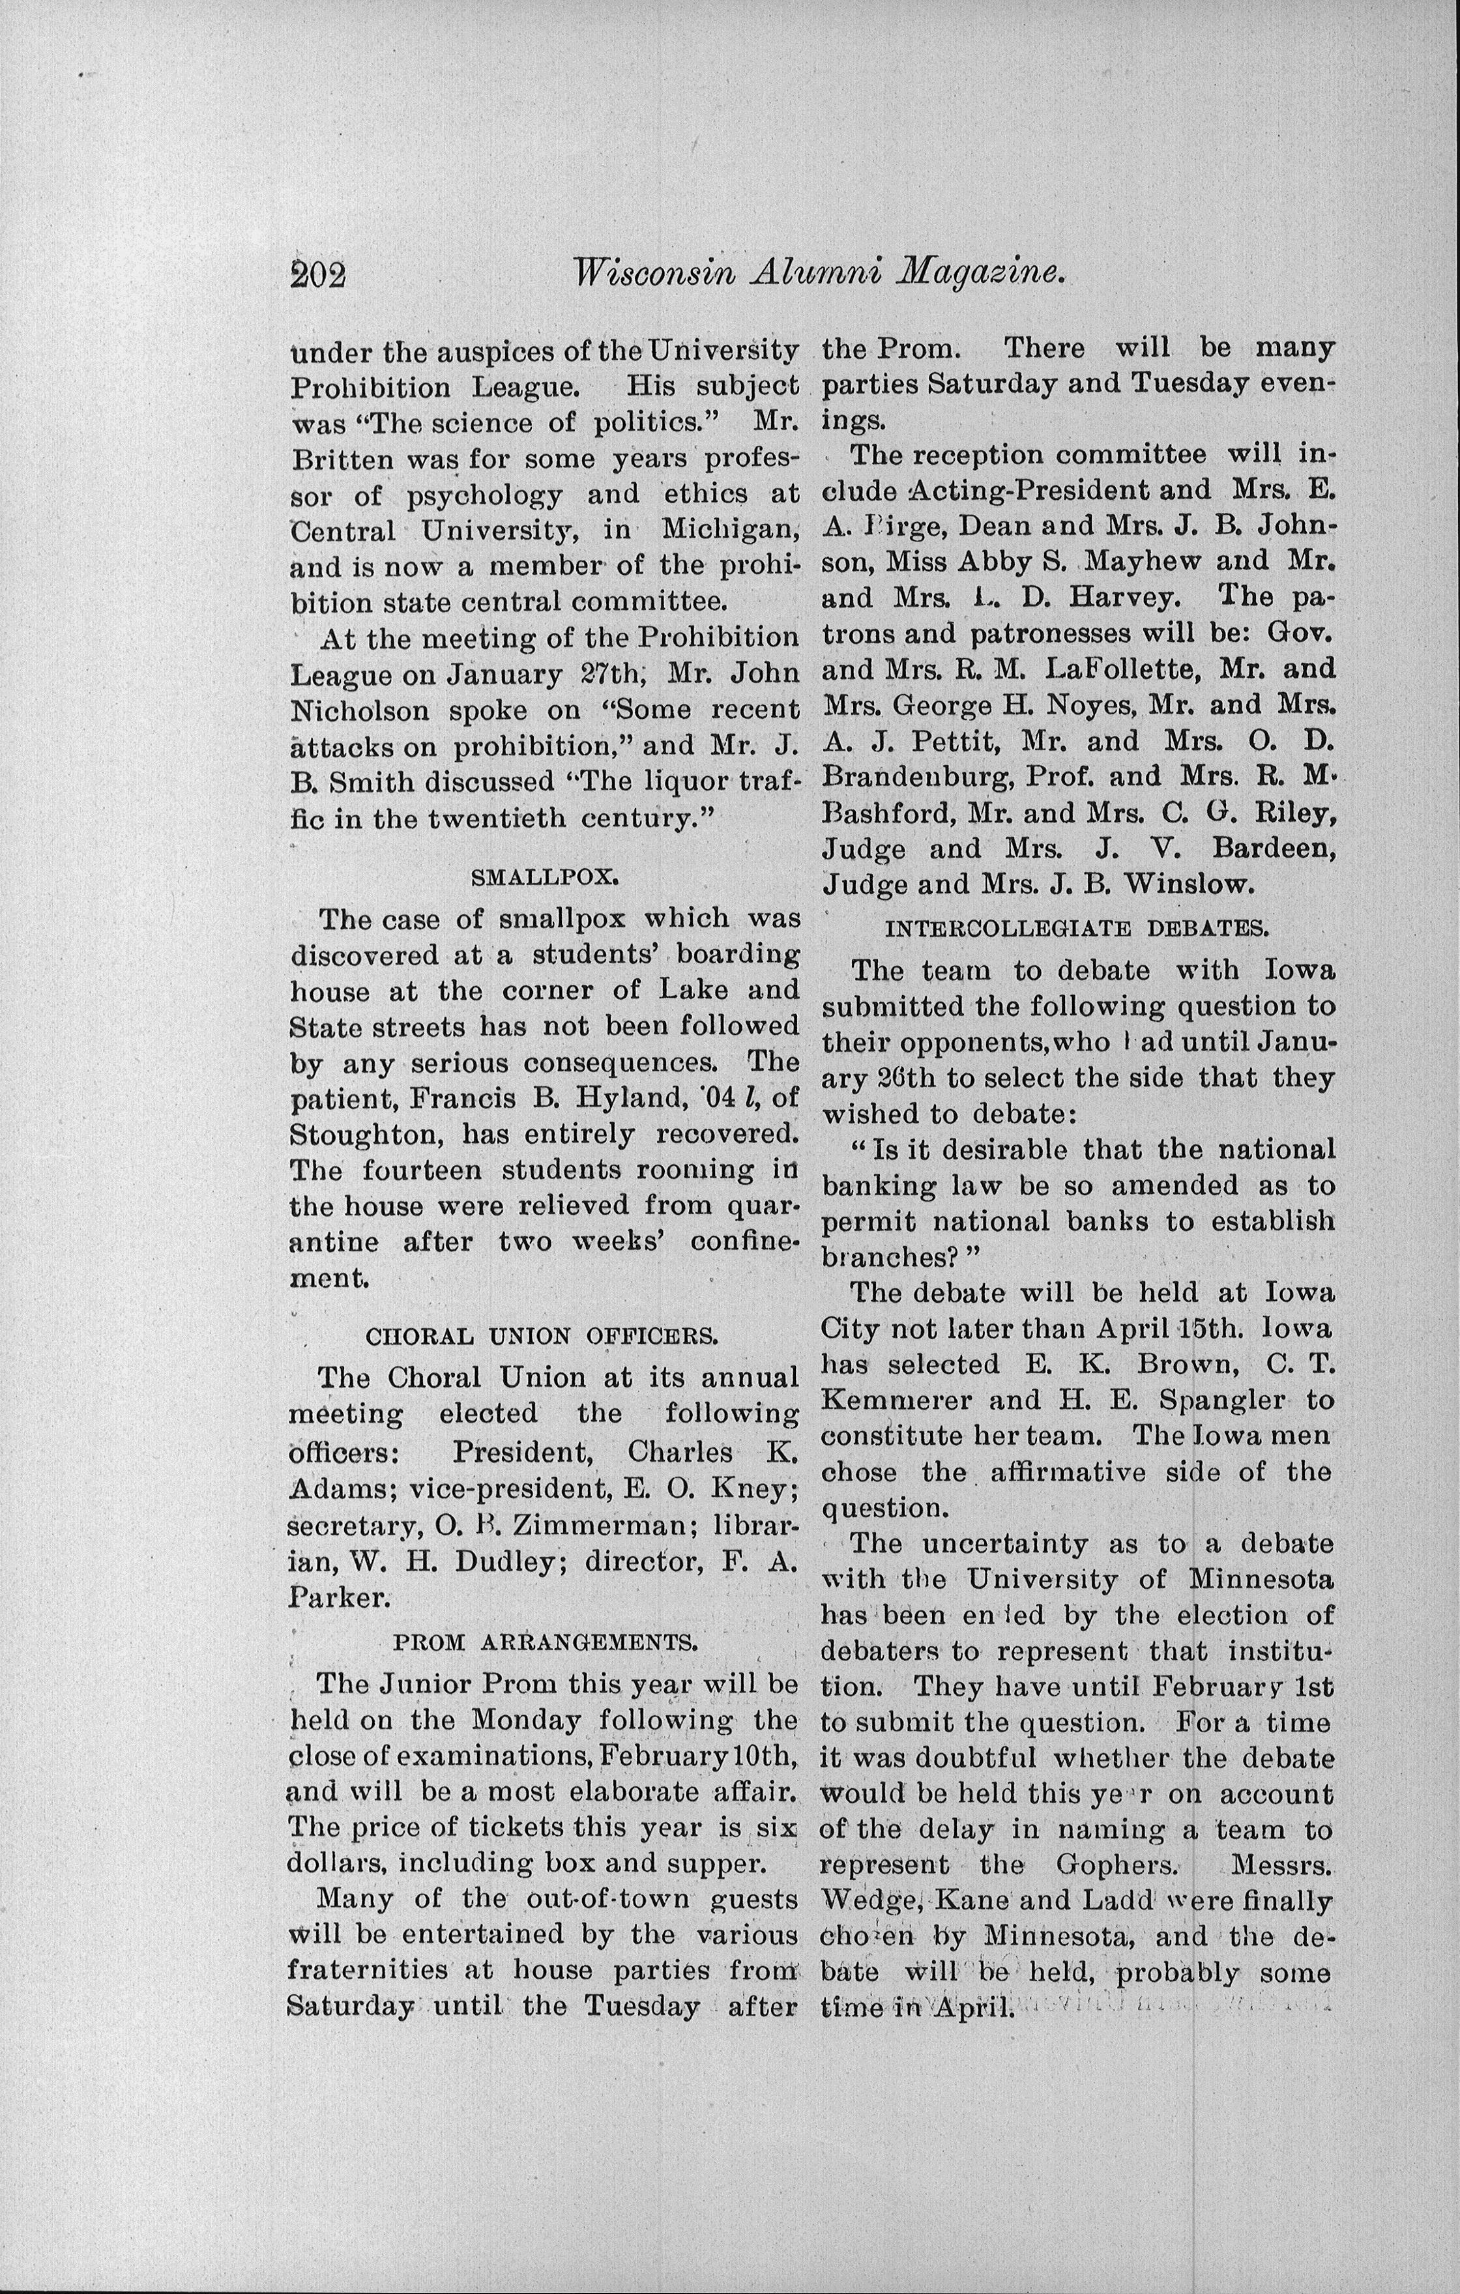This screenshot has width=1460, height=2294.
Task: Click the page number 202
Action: point(317,274)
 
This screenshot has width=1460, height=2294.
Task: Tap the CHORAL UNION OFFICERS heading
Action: point(542,1335)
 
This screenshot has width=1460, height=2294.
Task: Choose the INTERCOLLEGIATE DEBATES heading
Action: point(1077,927)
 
